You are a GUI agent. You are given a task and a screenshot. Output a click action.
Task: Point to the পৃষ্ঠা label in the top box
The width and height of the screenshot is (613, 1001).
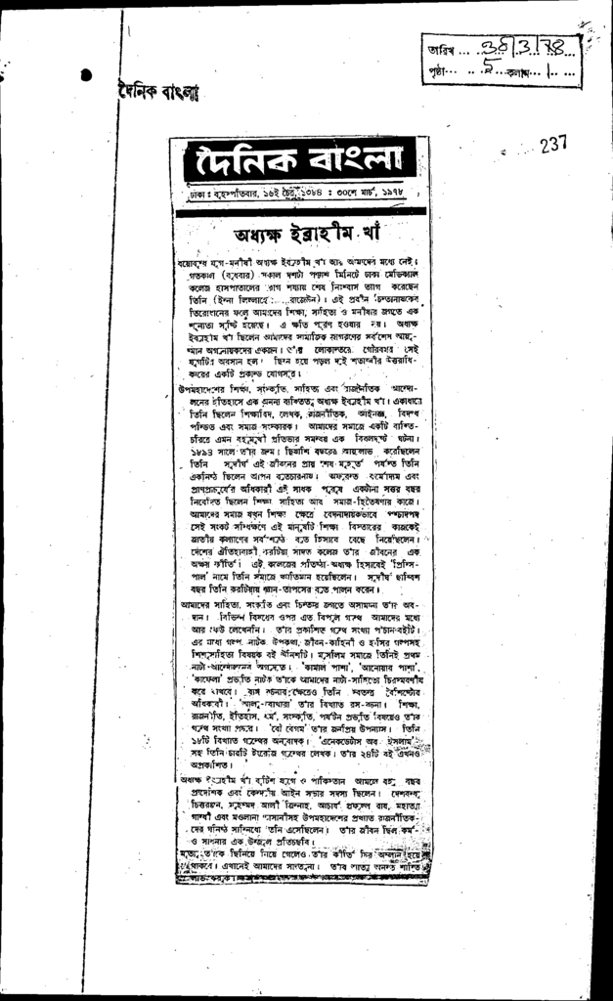[436, 71]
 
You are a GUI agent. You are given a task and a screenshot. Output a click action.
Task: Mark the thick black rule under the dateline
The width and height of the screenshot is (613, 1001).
[300, 210]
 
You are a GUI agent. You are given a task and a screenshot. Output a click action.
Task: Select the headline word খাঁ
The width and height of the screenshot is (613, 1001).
[374, 236]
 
